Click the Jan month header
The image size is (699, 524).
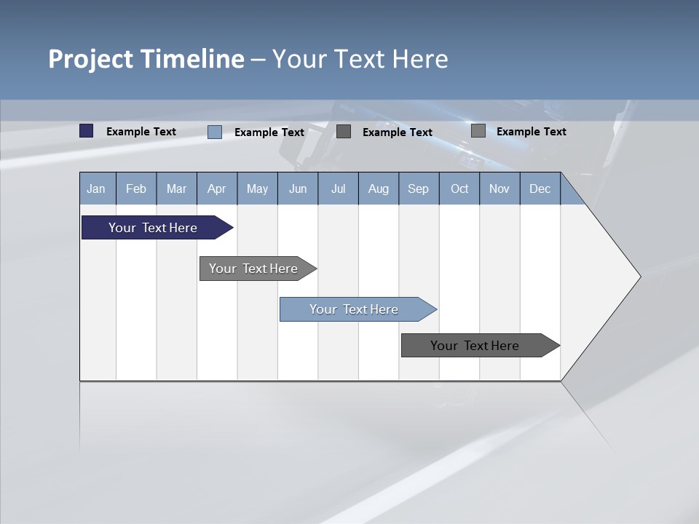pos(96,188)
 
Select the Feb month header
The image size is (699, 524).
pos(136,188)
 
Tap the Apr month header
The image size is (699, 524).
pos(216,188)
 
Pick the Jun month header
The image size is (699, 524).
pos(298,188)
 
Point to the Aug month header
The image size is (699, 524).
pos(378,188)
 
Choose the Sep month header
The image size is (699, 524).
pos(418,188)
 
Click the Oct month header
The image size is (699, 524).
pos(459,188)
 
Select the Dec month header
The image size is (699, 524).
pos(540,188)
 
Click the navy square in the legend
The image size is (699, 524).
pos(87,131)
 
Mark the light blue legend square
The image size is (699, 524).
pos(215,132)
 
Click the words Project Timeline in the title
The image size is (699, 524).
pos(146,59)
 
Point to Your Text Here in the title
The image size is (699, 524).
pos(360,59)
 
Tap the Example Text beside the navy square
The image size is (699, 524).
pos(141,132)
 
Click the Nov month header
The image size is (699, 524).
pos(499,188)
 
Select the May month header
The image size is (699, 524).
pos(257,188)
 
